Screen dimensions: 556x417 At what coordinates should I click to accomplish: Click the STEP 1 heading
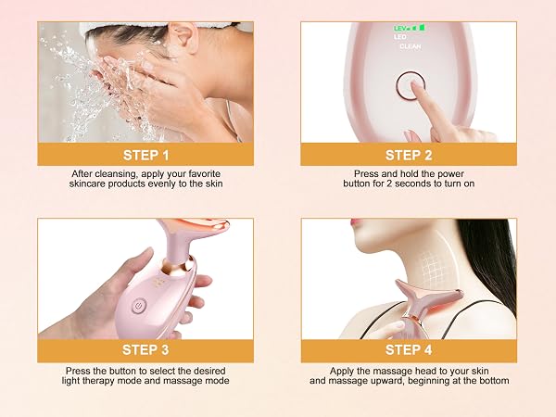(145, 156)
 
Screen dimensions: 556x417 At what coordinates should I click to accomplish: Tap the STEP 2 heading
(409, 156)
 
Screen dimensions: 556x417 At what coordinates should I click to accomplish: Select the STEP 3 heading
(145, 349)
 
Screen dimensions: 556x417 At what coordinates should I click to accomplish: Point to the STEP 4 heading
(409, 349)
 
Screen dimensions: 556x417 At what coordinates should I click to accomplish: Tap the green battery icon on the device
(422, 27)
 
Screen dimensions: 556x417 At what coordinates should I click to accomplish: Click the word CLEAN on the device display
(411, 46)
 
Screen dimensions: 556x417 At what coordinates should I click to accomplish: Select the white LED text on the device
(399, 37)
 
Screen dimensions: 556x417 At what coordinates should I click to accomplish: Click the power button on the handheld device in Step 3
(139, 306)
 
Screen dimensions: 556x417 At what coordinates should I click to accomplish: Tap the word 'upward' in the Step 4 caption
(386, 381)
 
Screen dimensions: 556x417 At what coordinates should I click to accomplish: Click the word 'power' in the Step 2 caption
(450, 174)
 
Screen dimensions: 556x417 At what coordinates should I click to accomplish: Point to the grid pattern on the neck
(434, 268)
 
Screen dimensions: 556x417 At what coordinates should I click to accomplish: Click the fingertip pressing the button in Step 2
(414, 84)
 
